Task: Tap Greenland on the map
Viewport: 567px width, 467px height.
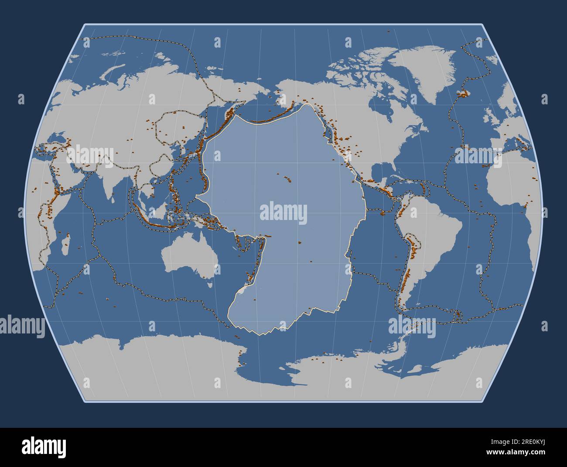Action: point(425,74)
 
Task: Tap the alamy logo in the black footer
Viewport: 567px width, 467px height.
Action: point(44,447)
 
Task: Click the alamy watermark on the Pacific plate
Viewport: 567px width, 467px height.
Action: point(283,213)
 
